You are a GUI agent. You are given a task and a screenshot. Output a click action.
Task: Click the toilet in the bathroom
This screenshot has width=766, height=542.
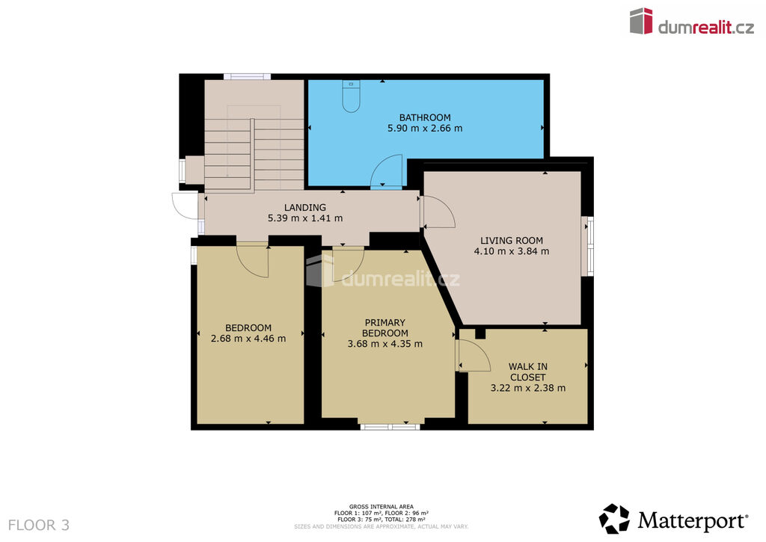click(352, 96)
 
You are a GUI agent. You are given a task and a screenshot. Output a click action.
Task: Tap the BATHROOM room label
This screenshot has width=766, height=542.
click(425, 117)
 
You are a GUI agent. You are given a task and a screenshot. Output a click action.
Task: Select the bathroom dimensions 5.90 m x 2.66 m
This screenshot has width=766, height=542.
click(425, 129)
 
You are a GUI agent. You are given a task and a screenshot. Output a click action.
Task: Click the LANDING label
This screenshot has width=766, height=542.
click(305, 208)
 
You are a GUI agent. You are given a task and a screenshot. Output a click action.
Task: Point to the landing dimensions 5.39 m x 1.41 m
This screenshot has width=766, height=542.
click(305, 218)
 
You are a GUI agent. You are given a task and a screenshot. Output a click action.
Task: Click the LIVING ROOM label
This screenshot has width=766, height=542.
click(512, 241)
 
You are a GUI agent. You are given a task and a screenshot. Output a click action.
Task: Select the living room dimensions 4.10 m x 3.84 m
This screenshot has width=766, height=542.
click(512, 251)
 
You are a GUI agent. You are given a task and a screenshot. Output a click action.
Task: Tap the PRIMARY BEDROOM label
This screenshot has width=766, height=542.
click(385, 327)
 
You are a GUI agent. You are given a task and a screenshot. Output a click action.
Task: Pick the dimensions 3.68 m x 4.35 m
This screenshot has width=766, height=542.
click(385, 344)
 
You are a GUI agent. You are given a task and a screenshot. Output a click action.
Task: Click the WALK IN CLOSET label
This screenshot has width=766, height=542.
click(528, 372)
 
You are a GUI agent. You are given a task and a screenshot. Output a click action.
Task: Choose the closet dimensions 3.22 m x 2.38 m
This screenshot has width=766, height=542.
click(528, 388)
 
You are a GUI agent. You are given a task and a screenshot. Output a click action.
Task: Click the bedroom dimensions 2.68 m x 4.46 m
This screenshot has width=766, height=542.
click(248, 339)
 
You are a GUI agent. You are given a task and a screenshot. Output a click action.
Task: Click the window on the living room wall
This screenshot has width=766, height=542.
click(589, 247)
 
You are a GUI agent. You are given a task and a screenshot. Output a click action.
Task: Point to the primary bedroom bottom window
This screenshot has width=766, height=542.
click(390, 427)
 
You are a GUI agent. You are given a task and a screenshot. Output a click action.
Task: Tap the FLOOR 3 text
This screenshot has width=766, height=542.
click(39, 526)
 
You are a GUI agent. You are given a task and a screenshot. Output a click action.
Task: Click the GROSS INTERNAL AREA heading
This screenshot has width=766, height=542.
click(381, 507)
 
